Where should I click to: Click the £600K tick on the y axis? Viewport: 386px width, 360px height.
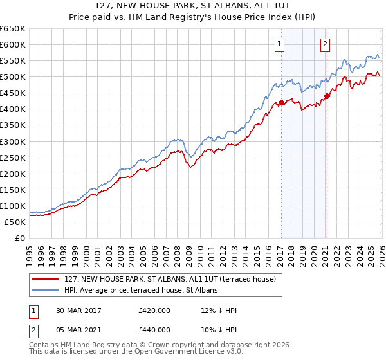[x=13, y=44]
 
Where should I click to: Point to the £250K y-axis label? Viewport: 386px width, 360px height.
[x=13, y=157]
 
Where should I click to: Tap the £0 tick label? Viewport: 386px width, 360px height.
[x=19, y=238]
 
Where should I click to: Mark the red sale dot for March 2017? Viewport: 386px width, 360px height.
[x=281, y=102]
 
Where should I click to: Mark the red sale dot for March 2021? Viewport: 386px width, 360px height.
[x=326, y=96]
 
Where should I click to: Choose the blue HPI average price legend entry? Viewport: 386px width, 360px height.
[x=141, y=290]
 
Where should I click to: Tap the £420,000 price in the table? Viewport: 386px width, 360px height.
[x=154, y=310]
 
